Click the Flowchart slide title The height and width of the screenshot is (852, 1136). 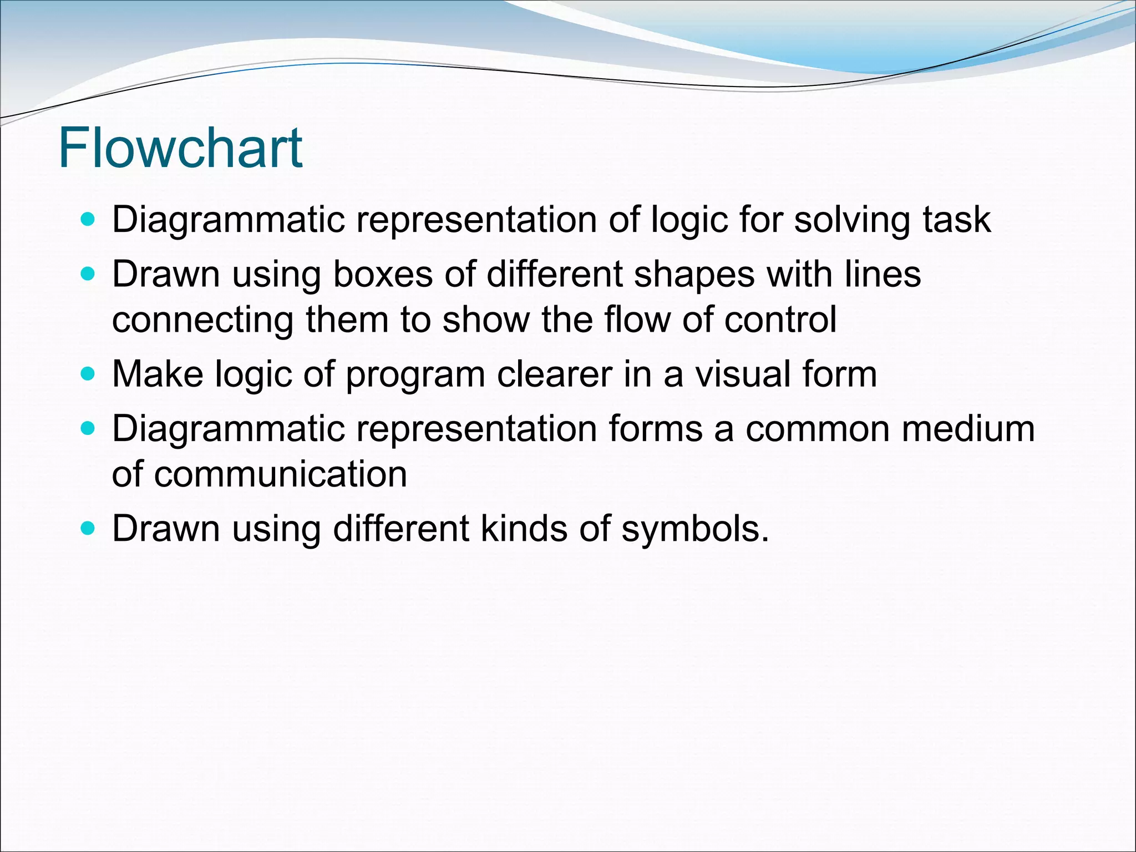(x=180, y=148)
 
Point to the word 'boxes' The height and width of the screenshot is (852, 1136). (x=382, y=274)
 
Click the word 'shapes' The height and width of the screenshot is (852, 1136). (x=694, y=275)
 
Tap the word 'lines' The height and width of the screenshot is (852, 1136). (x=883, y=274)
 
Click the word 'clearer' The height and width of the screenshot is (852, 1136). (x=555, y=374)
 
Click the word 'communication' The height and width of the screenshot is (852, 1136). (x=280, y=474)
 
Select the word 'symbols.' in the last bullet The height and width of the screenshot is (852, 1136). (x=696, y=529)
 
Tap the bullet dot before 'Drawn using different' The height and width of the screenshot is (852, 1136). (x=88, y=528)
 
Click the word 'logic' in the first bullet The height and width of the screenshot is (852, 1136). (x=688, y=220)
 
